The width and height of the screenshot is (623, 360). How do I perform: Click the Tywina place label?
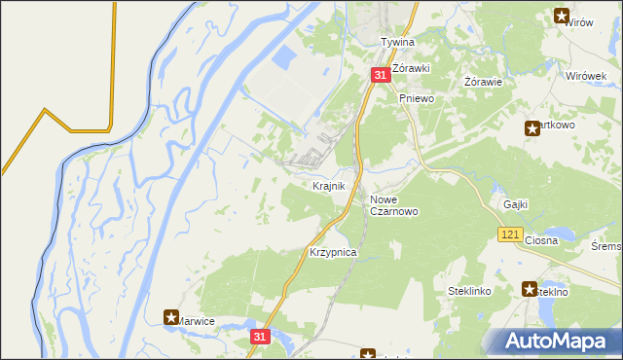[x=397, y=43]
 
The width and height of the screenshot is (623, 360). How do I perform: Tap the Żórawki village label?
[x=412, y=56]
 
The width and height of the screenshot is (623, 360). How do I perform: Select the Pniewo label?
[x=416, y=99]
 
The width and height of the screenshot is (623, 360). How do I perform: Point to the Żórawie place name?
[x=483, y=82]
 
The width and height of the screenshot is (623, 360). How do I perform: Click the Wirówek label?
[x=587, y=76]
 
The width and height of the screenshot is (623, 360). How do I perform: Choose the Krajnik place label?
[x=328, y=185]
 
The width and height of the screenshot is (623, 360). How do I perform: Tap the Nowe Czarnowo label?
[x=394, y=205]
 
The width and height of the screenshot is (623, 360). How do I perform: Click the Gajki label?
[x=516, y=204]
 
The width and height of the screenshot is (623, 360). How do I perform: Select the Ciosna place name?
[x=540, y=240]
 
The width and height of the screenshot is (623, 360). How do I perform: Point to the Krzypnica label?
[x=333, y=252]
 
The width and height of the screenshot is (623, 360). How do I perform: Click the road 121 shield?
[x=511, y=234]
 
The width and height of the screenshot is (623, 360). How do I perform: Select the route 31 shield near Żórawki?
[x=381, y=75]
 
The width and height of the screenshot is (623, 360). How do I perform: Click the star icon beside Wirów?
[x=562, y=15]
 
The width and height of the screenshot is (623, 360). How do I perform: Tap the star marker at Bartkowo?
[x=531, y=127]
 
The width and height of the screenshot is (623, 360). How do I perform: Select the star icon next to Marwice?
[x=171, y=317]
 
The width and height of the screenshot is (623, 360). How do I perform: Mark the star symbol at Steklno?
[x=530, y=289]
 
